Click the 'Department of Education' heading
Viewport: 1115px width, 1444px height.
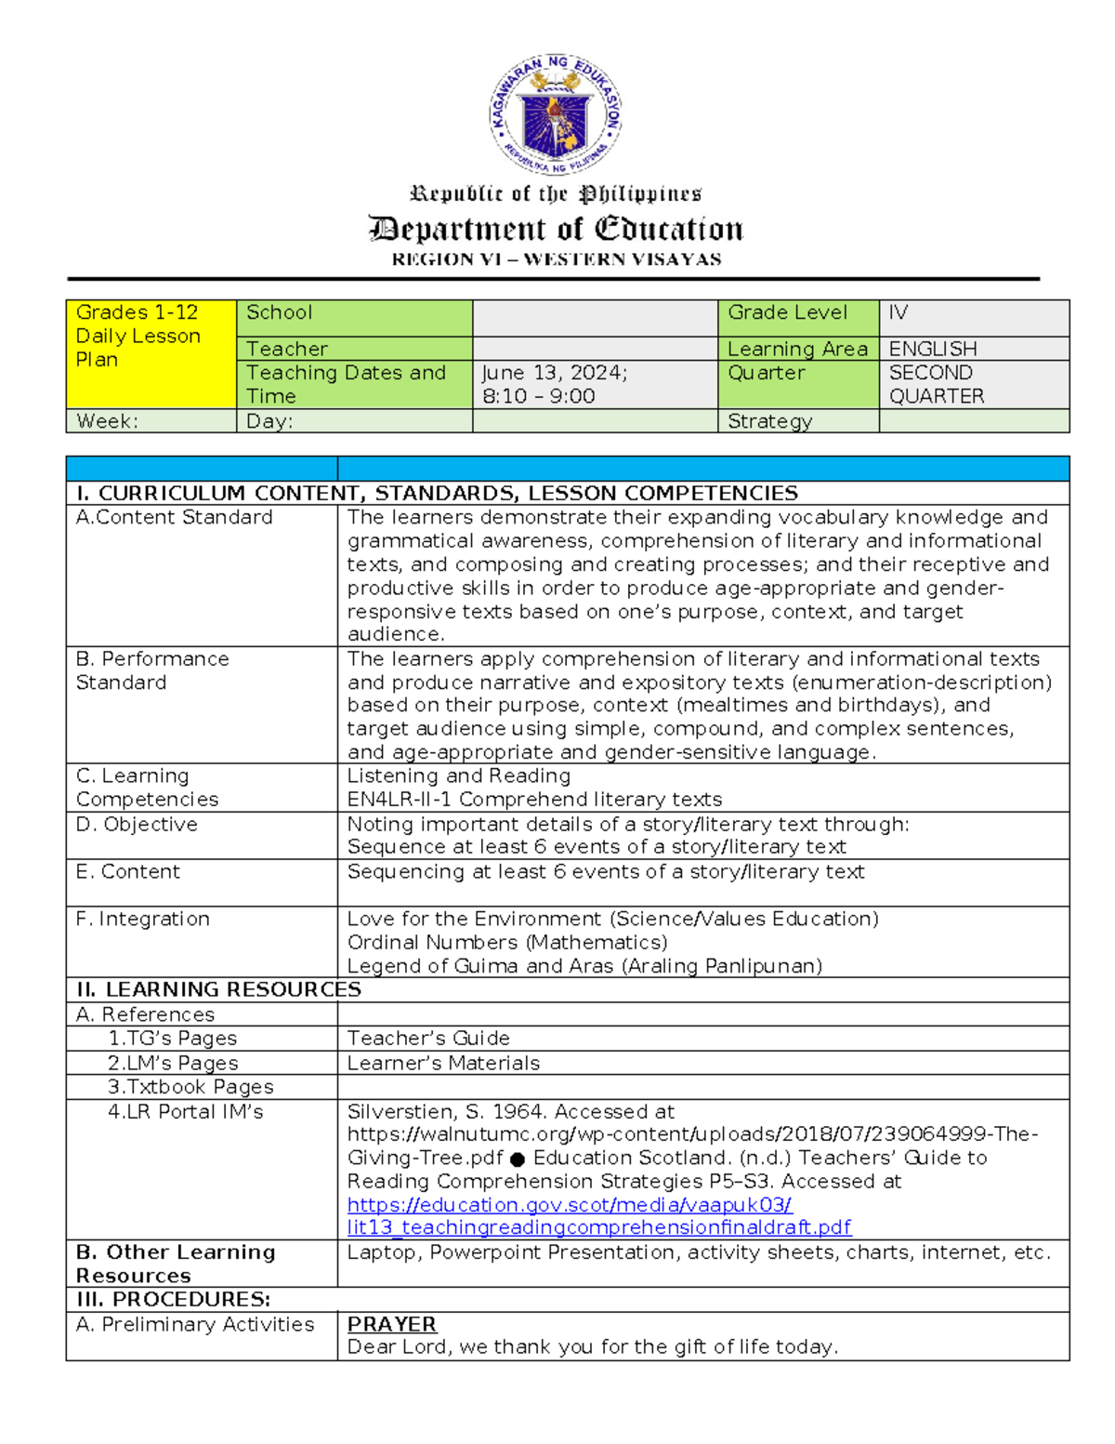tap(556, 229)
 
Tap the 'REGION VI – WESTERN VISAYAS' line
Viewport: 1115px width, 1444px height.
tap(556, 259)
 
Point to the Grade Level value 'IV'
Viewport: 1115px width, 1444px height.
tap(898, 312)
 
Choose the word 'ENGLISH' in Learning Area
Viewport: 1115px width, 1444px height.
tap(932, 349)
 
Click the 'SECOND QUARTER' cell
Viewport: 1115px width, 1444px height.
tap(936, 384)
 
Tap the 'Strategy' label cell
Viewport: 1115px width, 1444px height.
tap(769, 421)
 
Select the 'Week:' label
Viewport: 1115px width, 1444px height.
tap(107, 421)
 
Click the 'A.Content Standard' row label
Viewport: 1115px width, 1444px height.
tap(175, 517)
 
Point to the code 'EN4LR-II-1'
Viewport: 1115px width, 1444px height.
tap(399, 800)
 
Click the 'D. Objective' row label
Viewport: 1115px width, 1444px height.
tap(137, 824)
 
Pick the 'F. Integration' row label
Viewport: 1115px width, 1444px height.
tap(143, 919)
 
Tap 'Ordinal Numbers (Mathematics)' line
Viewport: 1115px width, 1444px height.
tap(507, 942)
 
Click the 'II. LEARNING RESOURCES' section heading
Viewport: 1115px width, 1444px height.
tap(218, 989)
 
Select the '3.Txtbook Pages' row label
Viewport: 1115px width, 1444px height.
tap(190, 1087)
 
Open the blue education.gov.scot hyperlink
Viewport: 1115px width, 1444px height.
tap(569, 1205)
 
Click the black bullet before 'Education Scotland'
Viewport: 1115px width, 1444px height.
tap(518, 1159)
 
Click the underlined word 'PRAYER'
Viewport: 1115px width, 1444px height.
tap(391, 1324)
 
